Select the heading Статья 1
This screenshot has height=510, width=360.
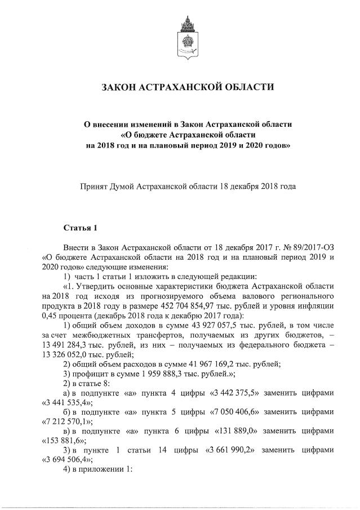pyautogui.click(x=80, y=228)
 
